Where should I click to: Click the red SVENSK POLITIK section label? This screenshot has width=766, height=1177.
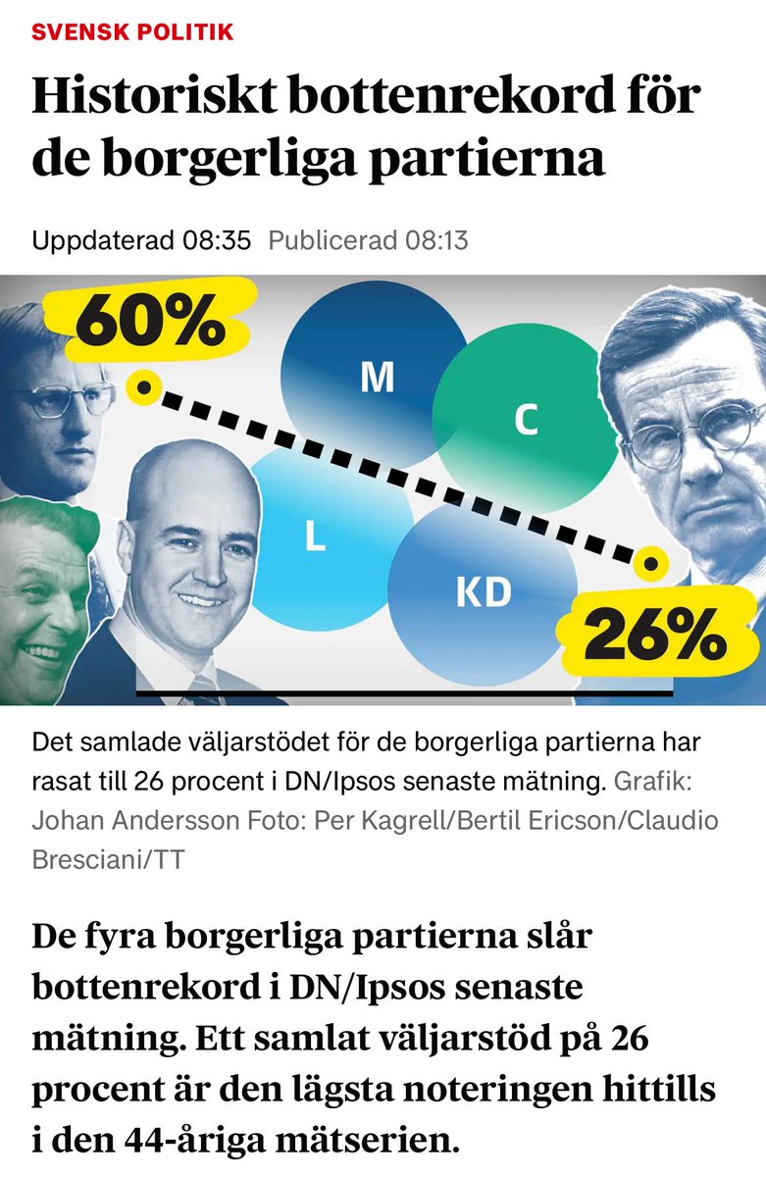[x=132, y=32]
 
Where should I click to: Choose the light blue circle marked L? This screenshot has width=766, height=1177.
[x=316, y=536]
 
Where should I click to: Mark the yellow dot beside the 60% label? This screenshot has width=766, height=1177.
[x=144, y=388]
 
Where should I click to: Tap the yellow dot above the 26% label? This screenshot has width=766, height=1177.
[x=648, y=564]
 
